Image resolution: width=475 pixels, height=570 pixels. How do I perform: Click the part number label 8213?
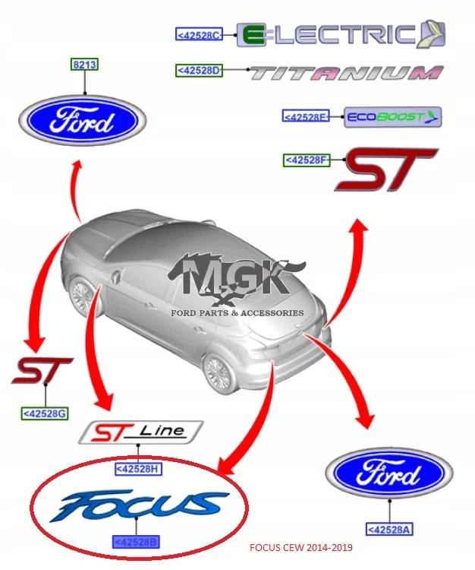(84, 65)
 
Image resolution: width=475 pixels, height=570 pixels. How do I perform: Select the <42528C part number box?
(199, 35)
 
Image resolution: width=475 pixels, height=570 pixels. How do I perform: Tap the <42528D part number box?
(199, 70)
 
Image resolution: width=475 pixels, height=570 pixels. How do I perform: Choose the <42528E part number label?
(306, 116)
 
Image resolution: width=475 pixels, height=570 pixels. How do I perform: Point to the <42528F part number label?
(307, 160)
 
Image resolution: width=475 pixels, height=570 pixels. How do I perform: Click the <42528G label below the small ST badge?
(45, 413)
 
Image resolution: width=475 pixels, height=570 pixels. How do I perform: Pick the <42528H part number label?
(138, 469)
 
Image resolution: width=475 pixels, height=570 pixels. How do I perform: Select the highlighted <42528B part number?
(136, 543)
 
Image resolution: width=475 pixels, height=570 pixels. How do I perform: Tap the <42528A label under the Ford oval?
(389, 529)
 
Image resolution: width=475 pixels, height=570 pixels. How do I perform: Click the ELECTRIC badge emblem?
(341, 34)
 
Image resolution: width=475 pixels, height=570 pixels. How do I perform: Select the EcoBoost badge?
(392, 117)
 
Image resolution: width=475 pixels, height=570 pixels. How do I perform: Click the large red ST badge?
(386, 169)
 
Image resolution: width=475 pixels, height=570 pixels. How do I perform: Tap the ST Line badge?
(141, 432)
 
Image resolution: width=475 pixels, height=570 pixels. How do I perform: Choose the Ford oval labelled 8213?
(83, 120)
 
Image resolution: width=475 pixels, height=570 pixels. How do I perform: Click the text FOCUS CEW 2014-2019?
(300, 547)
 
